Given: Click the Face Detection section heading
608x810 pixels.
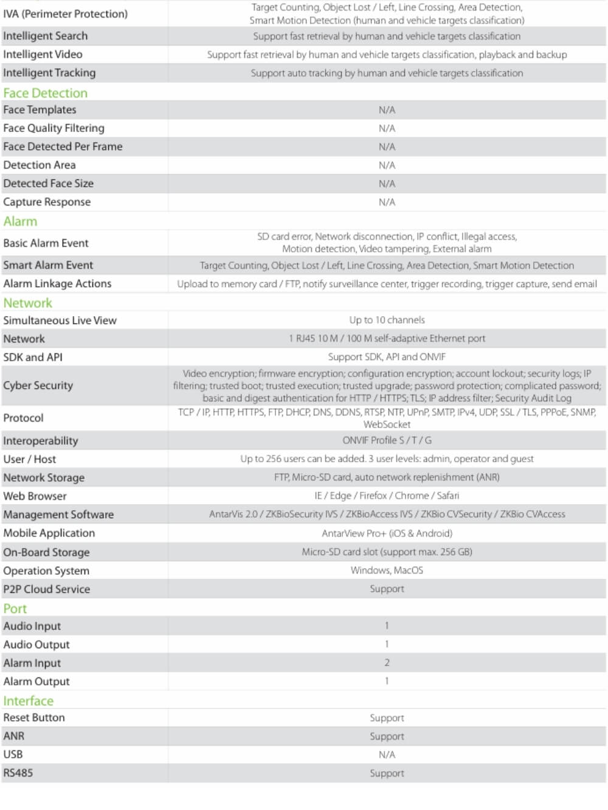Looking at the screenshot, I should (x=46, y=93).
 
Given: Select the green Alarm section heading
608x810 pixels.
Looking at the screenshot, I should (x=20, y=221).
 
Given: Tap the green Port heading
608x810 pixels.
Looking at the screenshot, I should (x=15, y=609).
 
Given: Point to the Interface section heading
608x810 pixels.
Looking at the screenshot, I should (x=29, y=701).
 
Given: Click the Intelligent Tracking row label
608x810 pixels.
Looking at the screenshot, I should (x=49, y=73).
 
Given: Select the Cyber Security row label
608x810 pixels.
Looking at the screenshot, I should (x=38, y=386).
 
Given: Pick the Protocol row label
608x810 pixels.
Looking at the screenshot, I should (x=24, y=418).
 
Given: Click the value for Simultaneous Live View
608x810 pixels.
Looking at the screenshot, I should (x=387, y=320).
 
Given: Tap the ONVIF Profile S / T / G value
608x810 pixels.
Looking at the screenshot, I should (x=387, y=440).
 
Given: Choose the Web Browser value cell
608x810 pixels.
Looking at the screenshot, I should (x=387, y=496).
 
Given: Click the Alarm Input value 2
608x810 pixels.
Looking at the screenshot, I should (x=387, y=663).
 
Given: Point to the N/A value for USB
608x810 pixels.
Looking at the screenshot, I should (x=387, y=755).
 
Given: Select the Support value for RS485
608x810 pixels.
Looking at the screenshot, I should (x=387, y=773).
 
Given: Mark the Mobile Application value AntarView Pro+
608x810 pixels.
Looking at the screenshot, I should (x=387, y=533).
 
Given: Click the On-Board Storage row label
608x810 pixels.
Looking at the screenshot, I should (x=46, y=552).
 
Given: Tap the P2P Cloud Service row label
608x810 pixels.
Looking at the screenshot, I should (x=47, y=589).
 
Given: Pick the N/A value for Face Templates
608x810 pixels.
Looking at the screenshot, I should (x=387, y=110).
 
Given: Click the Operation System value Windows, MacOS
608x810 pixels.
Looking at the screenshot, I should (x=387, y=570).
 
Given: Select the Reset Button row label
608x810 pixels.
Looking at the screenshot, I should (x=34, y=718).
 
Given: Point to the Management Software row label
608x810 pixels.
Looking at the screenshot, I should (x=58, y=514).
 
